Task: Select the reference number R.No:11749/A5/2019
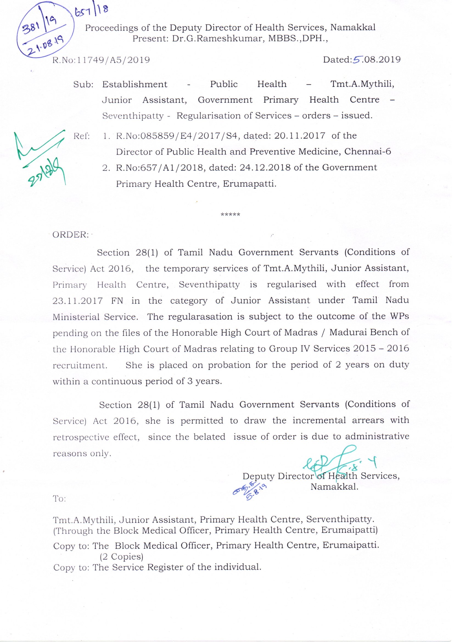101,60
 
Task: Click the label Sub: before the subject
83,84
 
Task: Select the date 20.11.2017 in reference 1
300,136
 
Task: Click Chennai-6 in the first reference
368,152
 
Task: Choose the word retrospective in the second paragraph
81,437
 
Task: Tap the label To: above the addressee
59,499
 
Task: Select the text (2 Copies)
121,557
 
